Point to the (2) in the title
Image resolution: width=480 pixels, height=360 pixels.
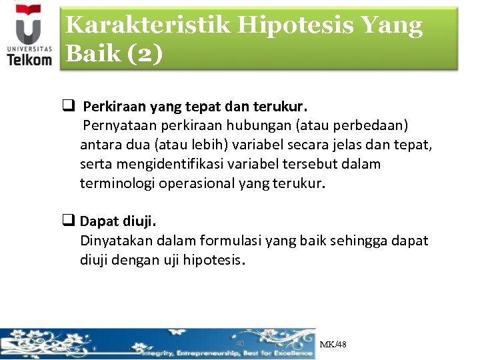click(x=143, y=54)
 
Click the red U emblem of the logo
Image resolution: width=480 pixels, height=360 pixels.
click(x=27, y=27)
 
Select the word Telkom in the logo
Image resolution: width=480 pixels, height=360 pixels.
click(x=29, y=59)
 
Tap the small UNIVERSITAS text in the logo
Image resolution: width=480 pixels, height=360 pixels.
click(x=29, y=49)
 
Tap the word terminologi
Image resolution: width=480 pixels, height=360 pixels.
click(x=117, y=183)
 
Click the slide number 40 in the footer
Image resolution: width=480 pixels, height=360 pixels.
click(x=241, y=343)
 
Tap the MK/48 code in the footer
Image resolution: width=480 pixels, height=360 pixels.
click(x=333, y=345)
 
